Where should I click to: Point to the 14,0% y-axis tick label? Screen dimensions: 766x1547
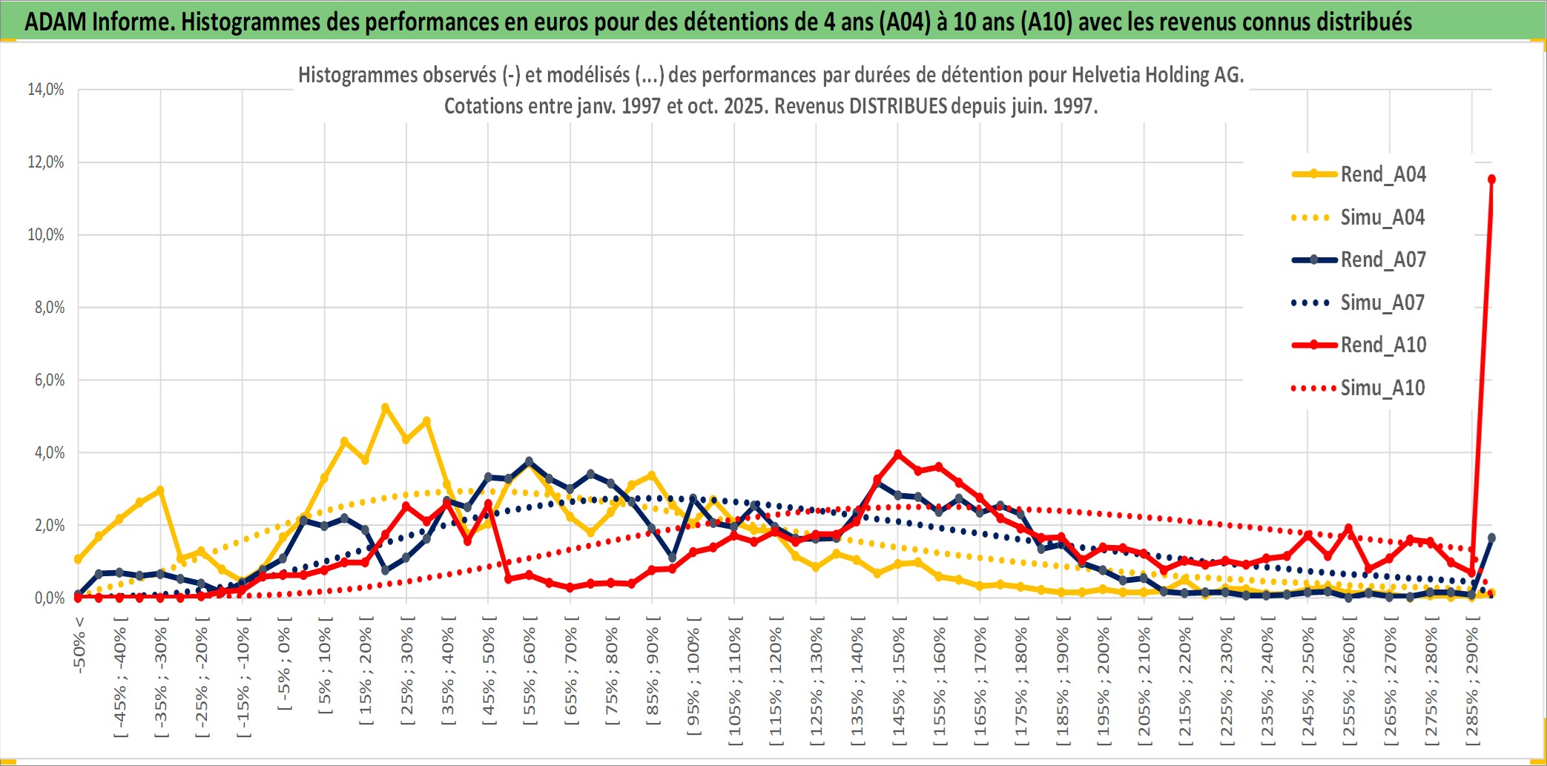46,90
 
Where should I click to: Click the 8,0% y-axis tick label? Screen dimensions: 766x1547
49,308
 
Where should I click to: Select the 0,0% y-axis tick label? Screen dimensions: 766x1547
49,598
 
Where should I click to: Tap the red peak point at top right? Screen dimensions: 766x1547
1491,179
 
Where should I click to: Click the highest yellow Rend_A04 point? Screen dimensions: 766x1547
385,408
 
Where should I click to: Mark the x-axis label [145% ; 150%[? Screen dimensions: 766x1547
898,682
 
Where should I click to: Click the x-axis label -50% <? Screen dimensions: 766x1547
79,645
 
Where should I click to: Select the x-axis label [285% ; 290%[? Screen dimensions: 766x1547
1472,682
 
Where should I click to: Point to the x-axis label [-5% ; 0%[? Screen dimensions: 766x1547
283,664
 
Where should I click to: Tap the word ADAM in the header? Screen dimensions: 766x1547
56,22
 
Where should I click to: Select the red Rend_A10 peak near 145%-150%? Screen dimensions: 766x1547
898,454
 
